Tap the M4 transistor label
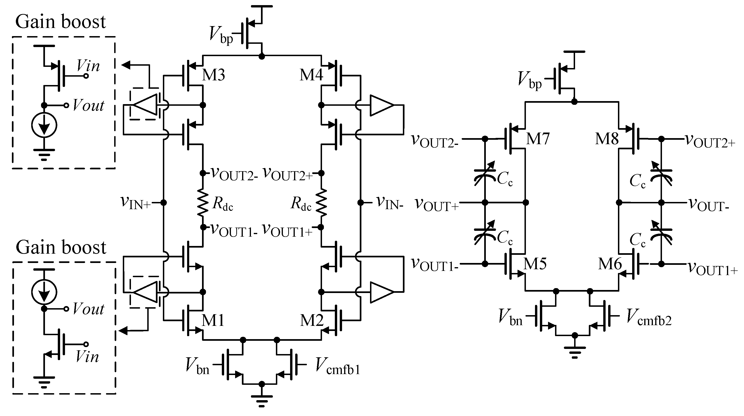pos(311,75)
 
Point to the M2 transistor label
pos(312,321)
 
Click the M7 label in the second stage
pos(538,139)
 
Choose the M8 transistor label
pos(607,139)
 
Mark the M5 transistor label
pos(535,264)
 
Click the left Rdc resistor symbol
pos(203,203)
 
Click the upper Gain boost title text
pos(60,22)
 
